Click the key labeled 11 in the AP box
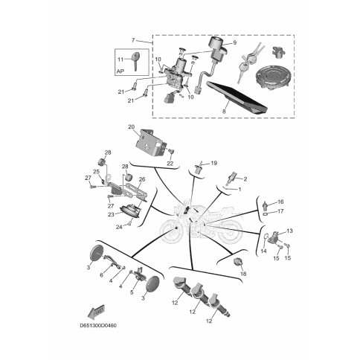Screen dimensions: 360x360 (x=135, y=61)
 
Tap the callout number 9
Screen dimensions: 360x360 (x=234, y=42)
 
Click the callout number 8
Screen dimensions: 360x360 (x=224, y=112)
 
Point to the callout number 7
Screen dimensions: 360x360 (x=133, y=40)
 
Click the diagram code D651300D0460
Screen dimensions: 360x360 (x=98, y=325)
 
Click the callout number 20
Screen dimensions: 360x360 (x=131, y=127)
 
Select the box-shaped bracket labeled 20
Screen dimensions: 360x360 (x=150, y=144)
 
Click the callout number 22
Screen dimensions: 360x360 (x=170, y=164)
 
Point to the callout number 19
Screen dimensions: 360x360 (x=213, y=163)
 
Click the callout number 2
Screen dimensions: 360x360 (x=245, y=179)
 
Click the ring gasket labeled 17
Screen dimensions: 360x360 (x=266, y=213)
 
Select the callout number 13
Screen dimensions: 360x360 (x=289, y=231)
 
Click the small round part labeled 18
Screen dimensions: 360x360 (x=238, y=262)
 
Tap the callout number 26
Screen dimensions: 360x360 (x=142, y=179)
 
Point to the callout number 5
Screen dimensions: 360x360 (x=132, y=292)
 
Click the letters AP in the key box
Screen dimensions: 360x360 (x=120, y=71)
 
